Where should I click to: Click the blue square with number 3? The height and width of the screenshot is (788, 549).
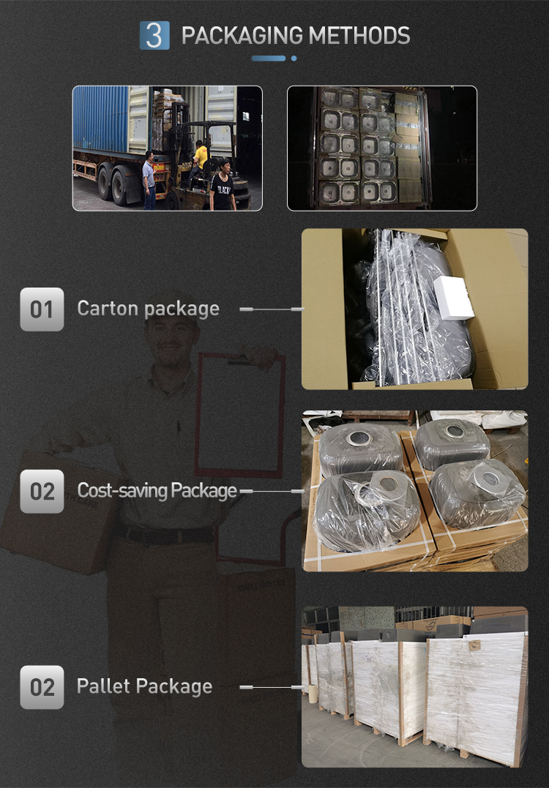(154, 35)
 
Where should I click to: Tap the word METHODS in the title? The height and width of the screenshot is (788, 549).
(359, 36)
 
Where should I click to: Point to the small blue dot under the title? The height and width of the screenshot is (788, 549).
(294, 59)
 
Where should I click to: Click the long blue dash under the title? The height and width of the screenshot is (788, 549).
(269, 59)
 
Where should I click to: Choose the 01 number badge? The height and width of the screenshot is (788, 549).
(42, 309)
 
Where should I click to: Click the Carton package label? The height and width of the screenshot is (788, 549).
(149, 309)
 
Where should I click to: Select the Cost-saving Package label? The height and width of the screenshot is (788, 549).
(157, 490)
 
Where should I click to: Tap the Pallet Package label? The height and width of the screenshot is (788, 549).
(145, 686)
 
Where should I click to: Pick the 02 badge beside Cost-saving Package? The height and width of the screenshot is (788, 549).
(42, 491)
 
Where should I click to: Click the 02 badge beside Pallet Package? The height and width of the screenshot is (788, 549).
(42, 687)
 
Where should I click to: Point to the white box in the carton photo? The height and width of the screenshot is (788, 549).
(454, 298)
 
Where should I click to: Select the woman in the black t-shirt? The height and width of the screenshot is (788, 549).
(223, 184)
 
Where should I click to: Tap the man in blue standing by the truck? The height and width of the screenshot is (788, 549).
(149, 180)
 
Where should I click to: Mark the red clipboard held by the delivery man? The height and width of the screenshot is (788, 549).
(240, 415)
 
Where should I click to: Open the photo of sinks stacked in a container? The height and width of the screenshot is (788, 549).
(381, 149)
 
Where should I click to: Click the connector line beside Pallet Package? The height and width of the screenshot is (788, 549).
(272, 687)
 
